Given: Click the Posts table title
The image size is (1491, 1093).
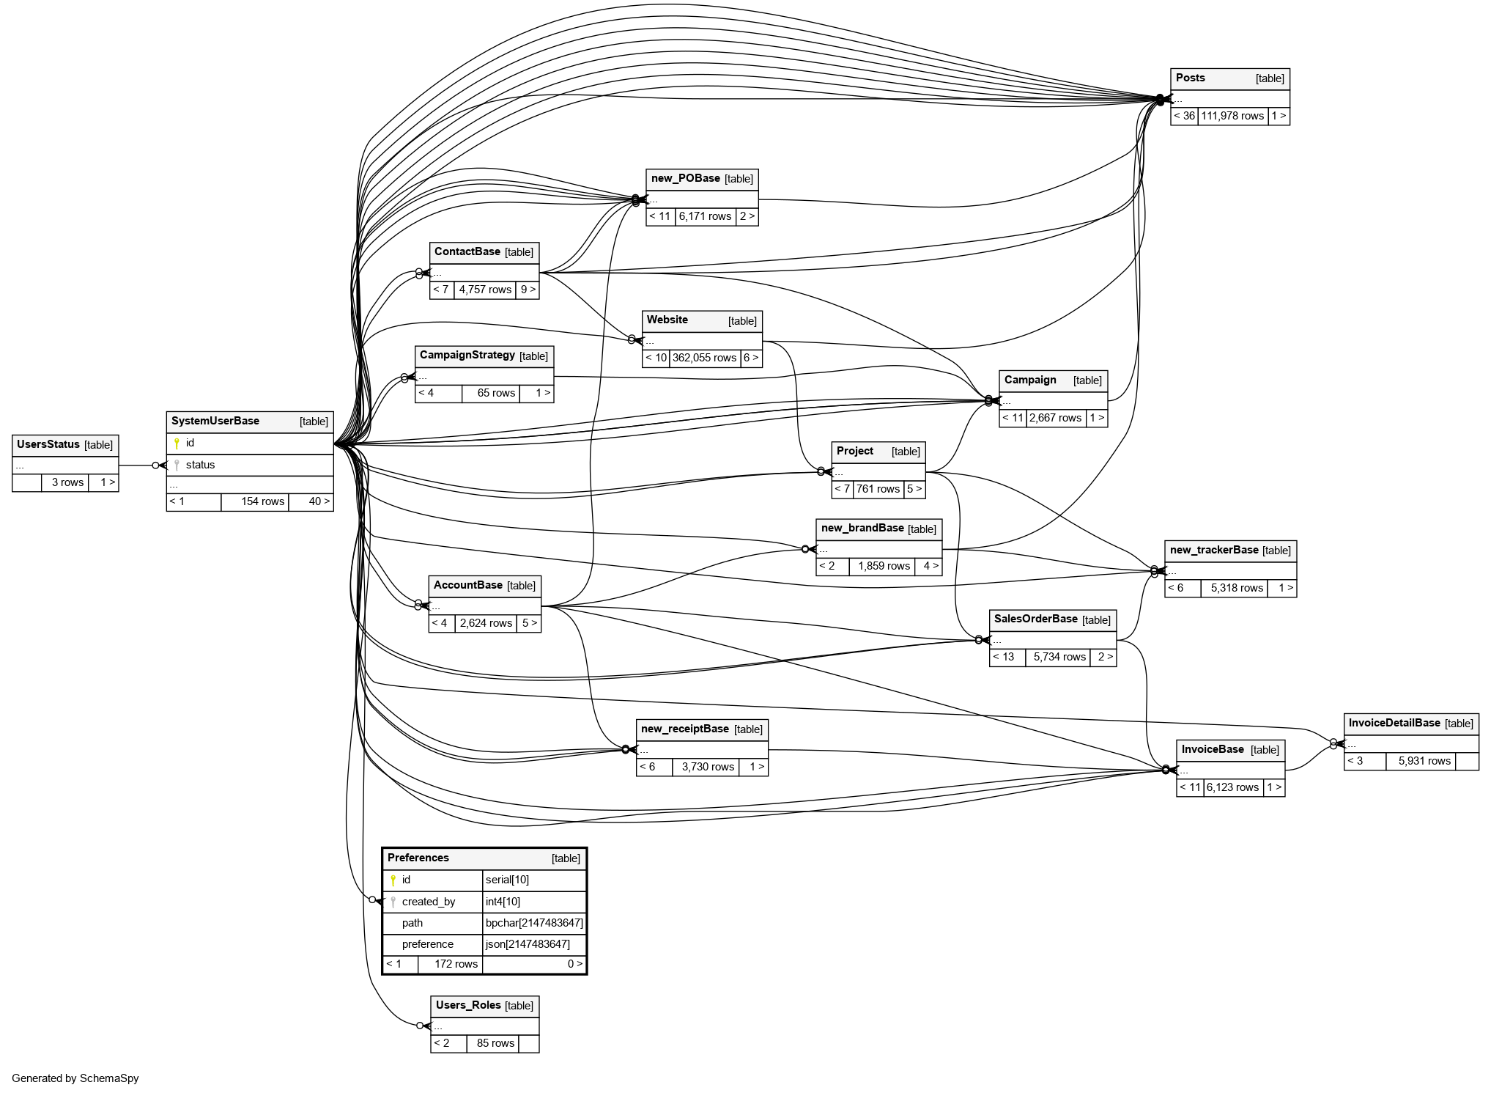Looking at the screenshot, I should point(1191,78).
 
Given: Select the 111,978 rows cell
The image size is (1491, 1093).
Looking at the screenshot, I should point(1232,116).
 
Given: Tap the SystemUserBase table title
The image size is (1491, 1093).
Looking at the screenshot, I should point(215,422).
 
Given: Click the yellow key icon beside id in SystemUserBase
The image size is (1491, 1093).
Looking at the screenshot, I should point(177,444).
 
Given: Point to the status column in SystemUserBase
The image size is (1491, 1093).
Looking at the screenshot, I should point(200,465).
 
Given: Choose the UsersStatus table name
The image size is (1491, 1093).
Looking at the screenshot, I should point(48,445).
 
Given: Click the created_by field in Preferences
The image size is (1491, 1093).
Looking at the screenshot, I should point(429,902).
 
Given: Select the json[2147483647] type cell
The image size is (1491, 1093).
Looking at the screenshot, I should point(528,944).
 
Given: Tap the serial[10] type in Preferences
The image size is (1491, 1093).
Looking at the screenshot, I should point(507,880).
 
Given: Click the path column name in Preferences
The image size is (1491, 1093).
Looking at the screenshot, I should point(412,923).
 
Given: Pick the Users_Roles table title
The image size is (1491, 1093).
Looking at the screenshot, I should point(468,1006).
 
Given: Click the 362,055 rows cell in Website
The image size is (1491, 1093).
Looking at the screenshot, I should point(704,358).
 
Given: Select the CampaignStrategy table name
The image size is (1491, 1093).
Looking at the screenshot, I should point(467,356).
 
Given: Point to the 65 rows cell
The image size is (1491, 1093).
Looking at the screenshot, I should point(496,393).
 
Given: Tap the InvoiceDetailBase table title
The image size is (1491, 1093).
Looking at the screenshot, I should point(1394,724).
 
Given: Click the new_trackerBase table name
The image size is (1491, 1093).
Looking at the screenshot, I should point(1214,551).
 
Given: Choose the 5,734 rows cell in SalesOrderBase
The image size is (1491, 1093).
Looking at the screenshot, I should point(1059,657).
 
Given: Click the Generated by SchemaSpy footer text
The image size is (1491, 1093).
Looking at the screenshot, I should point(75,1078).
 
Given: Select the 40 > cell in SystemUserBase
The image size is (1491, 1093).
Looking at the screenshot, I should point(319,501).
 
